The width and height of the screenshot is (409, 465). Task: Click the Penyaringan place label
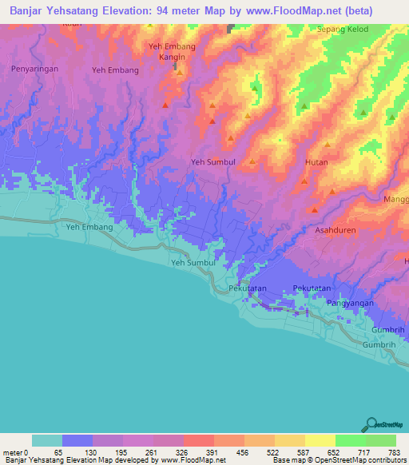click(x=34, y=70)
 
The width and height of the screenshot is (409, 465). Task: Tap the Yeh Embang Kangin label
click(x=173, y=51)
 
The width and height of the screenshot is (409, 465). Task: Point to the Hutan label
click(x=316, y=162)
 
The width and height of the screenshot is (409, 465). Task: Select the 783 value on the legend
click(x=394, y=452)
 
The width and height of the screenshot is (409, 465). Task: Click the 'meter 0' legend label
click(x=16, y=452)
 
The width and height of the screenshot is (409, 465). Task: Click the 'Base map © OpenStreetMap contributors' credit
click(x=338, y=460)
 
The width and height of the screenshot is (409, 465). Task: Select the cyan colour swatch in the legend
click(x=47, y=440)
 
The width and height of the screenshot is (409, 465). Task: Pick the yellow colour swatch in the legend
click(x=320, y=440)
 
